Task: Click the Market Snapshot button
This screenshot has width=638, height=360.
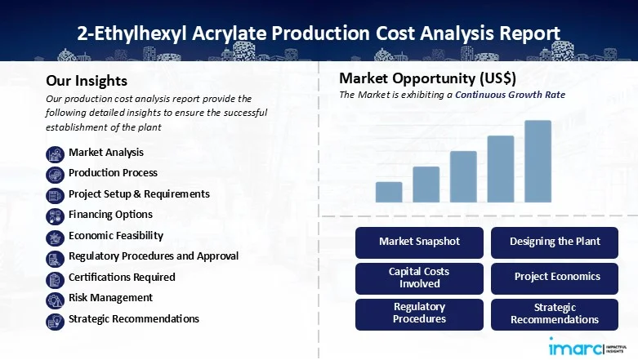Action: (x=419, y=242)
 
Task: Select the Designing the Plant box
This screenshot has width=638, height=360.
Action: (x=555, y=242)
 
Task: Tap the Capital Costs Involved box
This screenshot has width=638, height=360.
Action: (x=419, y=278)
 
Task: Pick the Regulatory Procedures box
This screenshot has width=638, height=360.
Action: (x=419, y=313)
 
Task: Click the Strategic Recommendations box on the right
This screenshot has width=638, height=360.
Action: (x=555, y=313)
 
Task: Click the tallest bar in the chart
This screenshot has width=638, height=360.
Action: (x=538, y=161)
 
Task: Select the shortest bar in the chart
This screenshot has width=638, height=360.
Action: (x=389, y=192)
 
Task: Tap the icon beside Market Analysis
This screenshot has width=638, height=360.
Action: (x=56, y=153)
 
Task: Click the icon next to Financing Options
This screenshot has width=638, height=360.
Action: (x=56, y=216)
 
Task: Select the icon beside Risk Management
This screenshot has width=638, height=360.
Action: (x=56, y=299)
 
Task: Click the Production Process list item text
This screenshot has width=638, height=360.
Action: (x=113, y=173)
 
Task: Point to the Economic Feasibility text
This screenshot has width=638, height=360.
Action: (x=115, y=236)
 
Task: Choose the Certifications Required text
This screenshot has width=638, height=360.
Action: (x=122, y=278)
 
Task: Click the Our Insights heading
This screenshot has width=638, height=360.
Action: (x=87, y=81)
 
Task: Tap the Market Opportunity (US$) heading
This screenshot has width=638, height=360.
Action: (x=427, y=79)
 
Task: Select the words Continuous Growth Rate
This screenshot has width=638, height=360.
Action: (x=510, y=95)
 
